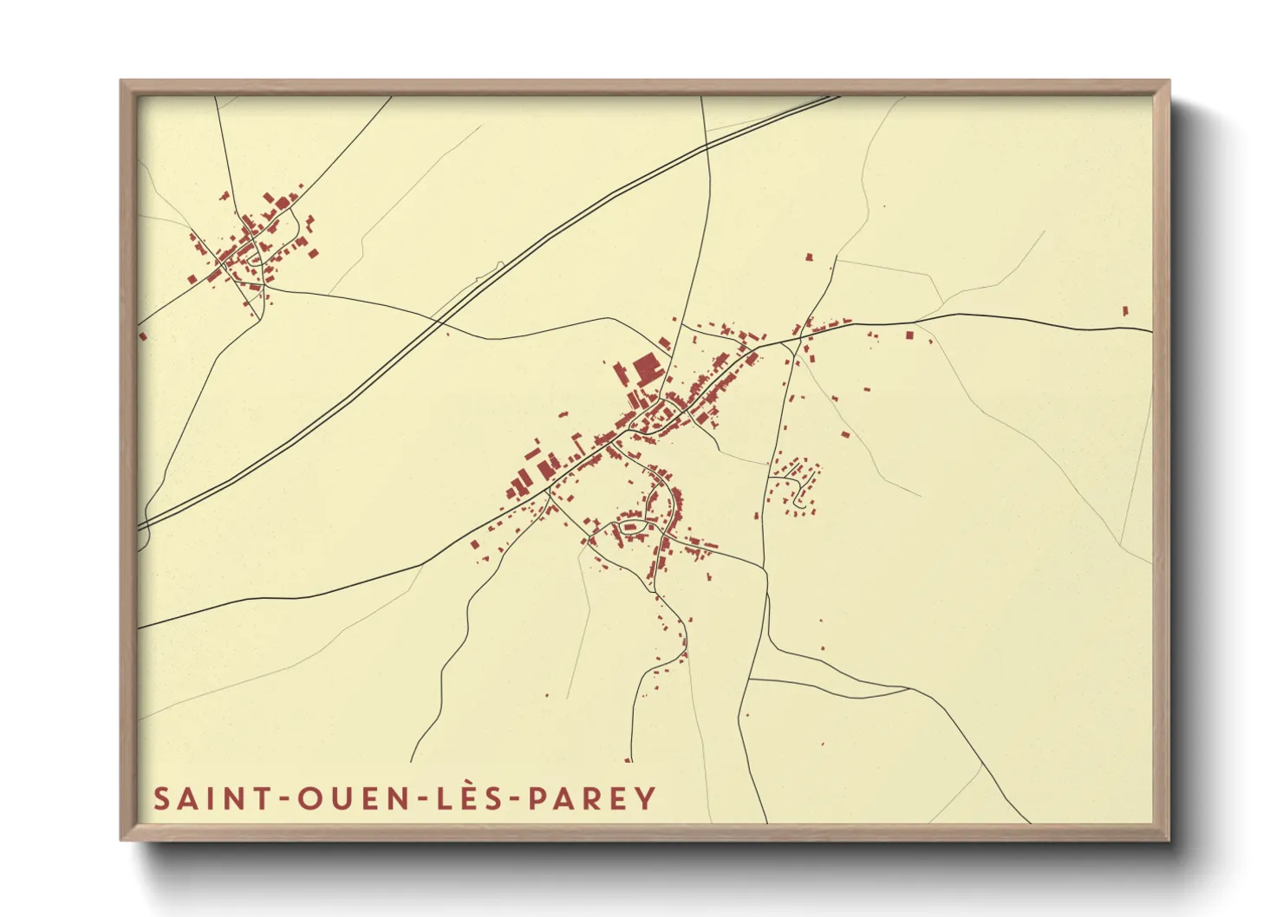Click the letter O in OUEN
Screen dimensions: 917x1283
(309, 799)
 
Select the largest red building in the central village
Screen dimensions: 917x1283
(647, 369)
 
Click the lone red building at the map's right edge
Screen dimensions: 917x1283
(1125, 310)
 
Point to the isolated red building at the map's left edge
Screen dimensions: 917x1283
(143, 335)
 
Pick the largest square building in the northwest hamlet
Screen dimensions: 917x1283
(283, 203)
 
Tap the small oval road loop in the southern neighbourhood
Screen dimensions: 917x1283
(629, 526)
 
